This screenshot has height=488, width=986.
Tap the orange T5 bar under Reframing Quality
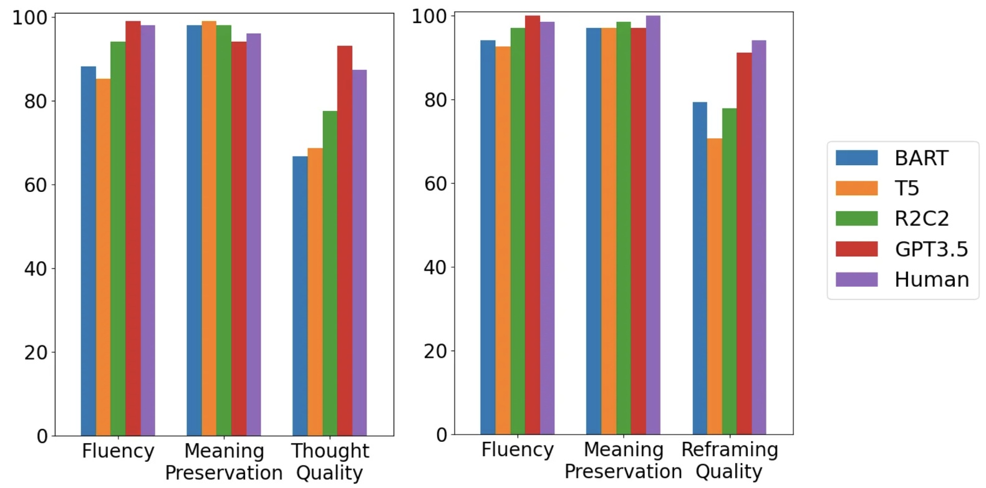tap(715, 287)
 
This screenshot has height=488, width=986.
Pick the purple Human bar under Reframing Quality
tap(759, 237)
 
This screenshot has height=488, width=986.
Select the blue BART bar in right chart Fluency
tap(488, 237)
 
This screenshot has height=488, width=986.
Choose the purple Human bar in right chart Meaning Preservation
tap(653, 224)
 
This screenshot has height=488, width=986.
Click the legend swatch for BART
tap(856, 158)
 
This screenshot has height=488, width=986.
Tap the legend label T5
tap(907, 188)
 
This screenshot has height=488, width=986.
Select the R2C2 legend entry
tap(921, 218)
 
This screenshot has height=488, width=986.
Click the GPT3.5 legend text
tap(931, 249)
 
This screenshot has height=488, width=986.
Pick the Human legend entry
tap(931, 279)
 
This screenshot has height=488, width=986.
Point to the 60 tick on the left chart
tap(36, 185)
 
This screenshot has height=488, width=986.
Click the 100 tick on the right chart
tap(430, 17)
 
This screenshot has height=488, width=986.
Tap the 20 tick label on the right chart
tap(435, 352)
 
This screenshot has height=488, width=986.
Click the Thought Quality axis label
tap(330, 461)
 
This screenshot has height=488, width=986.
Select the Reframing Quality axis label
tap(730, 460)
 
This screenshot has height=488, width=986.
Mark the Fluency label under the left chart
tap(118, 451)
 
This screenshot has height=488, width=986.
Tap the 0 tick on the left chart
tap(42, 436)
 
